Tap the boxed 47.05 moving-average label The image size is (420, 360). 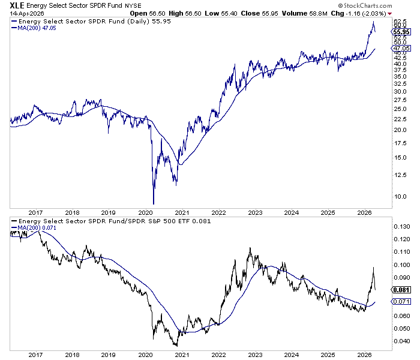(x=401, y=49)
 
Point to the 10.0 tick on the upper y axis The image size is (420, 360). (x=399, y=196)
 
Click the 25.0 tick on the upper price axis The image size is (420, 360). (x=399, y=109)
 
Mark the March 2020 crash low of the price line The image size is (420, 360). (x=154, y=204)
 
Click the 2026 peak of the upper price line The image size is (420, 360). (x=374, y=22)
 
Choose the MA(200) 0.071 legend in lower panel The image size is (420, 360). (x=35, y=227)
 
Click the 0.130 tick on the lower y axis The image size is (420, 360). (x=400, y=226)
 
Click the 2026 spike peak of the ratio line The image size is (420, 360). (x=373, y=268)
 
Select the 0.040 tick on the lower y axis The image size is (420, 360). (x=400, y=341)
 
